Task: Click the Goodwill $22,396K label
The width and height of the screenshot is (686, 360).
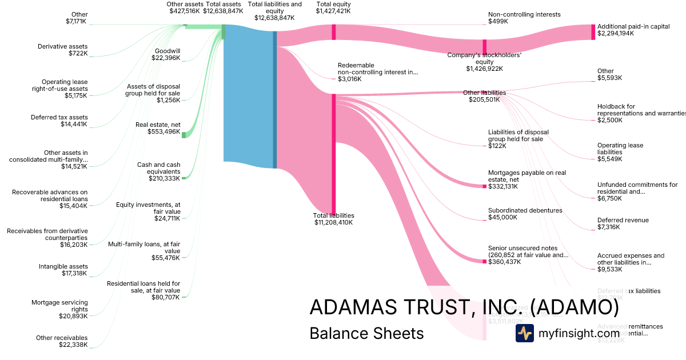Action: click(x=167, y=54)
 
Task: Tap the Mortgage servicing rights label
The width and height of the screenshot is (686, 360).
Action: click(x=59, y=309)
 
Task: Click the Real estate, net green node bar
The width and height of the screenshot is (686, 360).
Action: click(x=184, y=135)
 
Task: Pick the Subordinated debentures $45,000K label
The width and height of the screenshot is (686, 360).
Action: click(x=525, y=214)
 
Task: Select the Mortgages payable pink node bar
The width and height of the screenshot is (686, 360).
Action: click(x=484, y=186)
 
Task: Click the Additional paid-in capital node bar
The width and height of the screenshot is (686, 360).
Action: click(x=593, y=32)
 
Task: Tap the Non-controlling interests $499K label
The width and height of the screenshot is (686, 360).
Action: click(x=524, y=18)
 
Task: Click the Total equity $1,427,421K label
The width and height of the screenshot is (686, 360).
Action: click(x=333, y=7)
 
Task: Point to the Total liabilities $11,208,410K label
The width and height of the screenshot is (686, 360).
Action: click(x=333, y=219)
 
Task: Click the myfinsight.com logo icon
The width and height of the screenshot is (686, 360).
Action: click(x=524, y=333)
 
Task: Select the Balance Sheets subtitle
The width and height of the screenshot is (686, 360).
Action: click(x=366, y=333)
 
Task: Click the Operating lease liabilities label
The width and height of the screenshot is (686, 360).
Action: click(x=620, y=149)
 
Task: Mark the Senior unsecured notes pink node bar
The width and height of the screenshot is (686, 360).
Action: click(x=484, y=262)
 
